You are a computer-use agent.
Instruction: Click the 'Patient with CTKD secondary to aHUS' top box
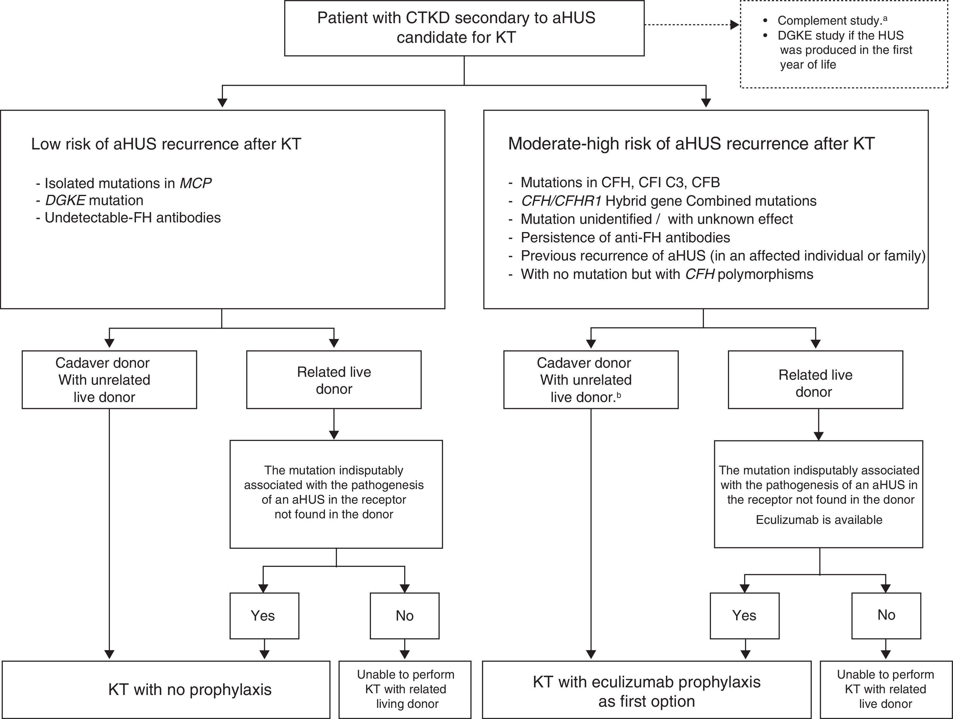click(464, 28)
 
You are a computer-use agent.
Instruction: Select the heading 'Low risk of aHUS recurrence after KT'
click(166, 144)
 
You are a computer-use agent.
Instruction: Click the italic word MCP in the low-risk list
click(195, 183)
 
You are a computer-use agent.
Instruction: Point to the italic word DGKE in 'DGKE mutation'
click(65, 200)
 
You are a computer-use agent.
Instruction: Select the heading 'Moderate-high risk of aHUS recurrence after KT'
click(691, 144)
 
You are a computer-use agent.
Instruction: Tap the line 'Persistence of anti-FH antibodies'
click(625, 237)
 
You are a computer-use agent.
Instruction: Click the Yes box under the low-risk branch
click(264, 615)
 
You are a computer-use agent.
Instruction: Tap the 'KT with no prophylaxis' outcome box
click(166, 689)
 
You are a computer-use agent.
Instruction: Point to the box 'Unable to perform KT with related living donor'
click(405, 689)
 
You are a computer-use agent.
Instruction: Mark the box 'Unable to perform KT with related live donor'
click(885, 689)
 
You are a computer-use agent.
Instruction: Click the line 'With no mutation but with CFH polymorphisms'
click(666, 275)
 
